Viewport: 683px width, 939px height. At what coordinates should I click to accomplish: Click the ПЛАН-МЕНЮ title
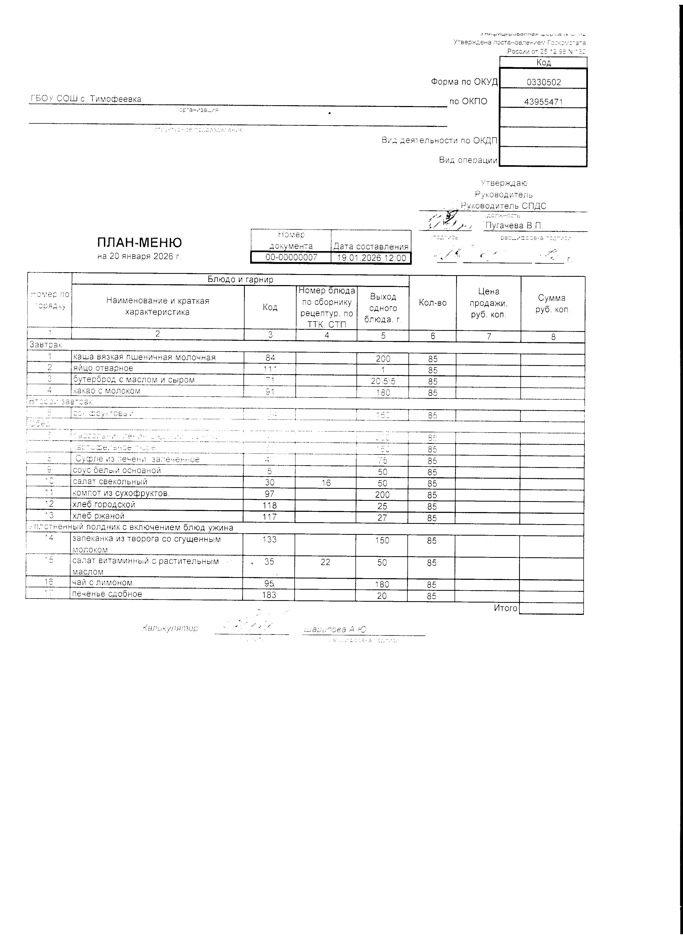[139, 242]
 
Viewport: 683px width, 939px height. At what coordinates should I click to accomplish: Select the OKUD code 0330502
[543, 82]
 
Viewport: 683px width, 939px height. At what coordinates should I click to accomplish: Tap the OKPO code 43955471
[543, 102]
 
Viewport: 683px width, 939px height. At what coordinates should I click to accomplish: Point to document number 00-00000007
[291, 258]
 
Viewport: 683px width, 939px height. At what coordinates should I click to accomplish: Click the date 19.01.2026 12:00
[371, 258]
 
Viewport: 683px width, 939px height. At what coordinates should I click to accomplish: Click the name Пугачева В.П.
[514, 226]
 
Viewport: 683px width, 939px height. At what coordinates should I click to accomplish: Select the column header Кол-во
[432, 303]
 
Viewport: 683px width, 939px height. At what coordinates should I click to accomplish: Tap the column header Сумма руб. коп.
[552, 304]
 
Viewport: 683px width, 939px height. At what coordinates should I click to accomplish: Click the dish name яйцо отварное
[103, 368]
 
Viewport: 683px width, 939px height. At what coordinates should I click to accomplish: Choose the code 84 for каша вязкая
[270, 358]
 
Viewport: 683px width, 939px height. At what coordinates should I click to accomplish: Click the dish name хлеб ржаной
[98, 516]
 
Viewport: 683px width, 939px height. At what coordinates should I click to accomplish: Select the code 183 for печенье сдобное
[269, 595]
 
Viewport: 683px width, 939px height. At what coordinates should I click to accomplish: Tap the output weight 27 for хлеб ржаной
[382, 517]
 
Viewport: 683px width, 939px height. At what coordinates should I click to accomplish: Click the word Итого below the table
[505, 608]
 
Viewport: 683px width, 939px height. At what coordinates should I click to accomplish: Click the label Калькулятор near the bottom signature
[170, 628]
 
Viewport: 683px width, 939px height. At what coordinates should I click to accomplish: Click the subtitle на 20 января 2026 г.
[139, 256]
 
